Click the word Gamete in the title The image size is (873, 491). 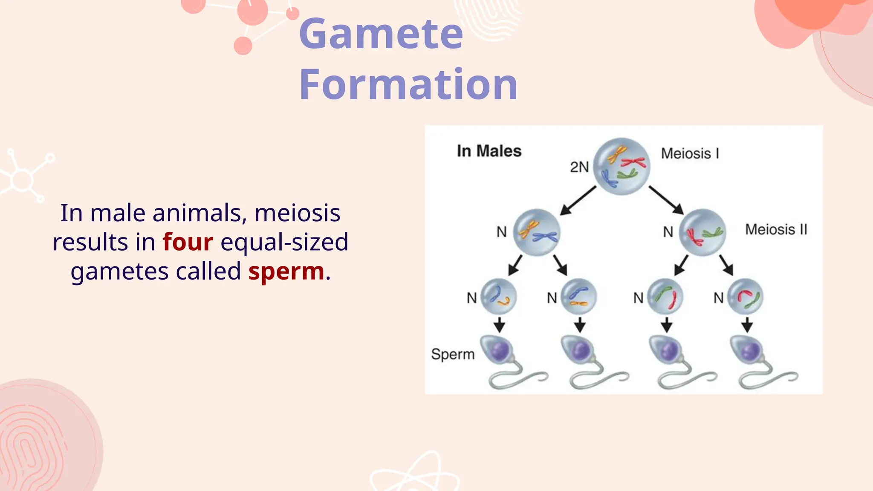click(381, 34)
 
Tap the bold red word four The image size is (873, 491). click(188, 242)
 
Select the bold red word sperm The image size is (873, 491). click(286, 271)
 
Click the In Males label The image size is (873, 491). click(489, 151)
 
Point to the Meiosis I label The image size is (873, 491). click(690, 153)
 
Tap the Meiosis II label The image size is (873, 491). click(776, 229)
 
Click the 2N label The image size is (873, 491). click(579, 167)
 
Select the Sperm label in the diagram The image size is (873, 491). click(453, 354)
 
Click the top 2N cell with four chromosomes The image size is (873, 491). click(622, 166)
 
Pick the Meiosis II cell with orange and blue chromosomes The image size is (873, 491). click(536, 232)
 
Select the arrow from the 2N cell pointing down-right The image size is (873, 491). click(666, 200)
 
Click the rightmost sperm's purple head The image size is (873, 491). click(749, 351)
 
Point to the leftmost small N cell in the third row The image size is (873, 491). click(498, 296)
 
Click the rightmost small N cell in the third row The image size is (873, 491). click(745, 296)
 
